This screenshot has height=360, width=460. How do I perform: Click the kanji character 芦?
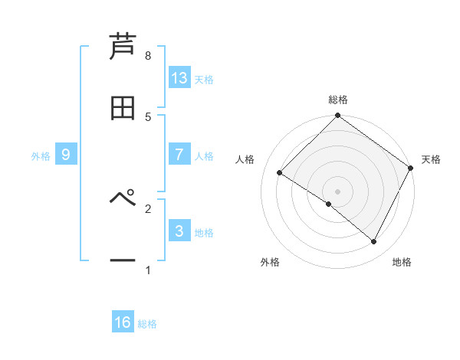[123, 47]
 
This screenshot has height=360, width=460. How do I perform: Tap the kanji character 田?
[123, 108]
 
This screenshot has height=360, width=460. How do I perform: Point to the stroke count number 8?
[148, 56]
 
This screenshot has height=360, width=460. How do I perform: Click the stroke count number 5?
[148, 116]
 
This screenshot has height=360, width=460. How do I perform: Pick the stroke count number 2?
[148, 208]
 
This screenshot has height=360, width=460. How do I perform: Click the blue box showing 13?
[179, 78]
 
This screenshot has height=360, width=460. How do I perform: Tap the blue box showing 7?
[179, 155]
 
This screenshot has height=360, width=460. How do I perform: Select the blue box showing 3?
[179, 231]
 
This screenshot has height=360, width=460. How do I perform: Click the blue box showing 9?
[67, 155]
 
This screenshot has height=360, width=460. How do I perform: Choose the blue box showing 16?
[123, 322]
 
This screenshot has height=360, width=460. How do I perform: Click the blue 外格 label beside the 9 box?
[41, 156]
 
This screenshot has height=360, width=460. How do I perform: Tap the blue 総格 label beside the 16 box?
[147, 324]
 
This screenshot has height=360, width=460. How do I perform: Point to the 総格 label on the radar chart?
[338, 100]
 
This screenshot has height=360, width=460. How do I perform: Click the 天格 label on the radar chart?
[431, 159]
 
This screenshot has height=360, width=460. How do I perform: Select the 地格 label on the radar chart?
[402, 262]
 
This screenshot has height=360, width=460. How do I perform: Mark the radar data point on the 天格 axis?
[411, 167]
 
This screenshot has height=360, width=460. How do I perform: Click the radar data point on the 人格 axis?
[280, 173]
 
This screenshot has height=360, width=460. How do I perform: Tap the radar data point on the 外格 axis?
[328, 204]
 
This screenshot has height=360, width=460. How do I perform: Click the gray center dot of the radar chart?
[337, 191]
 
